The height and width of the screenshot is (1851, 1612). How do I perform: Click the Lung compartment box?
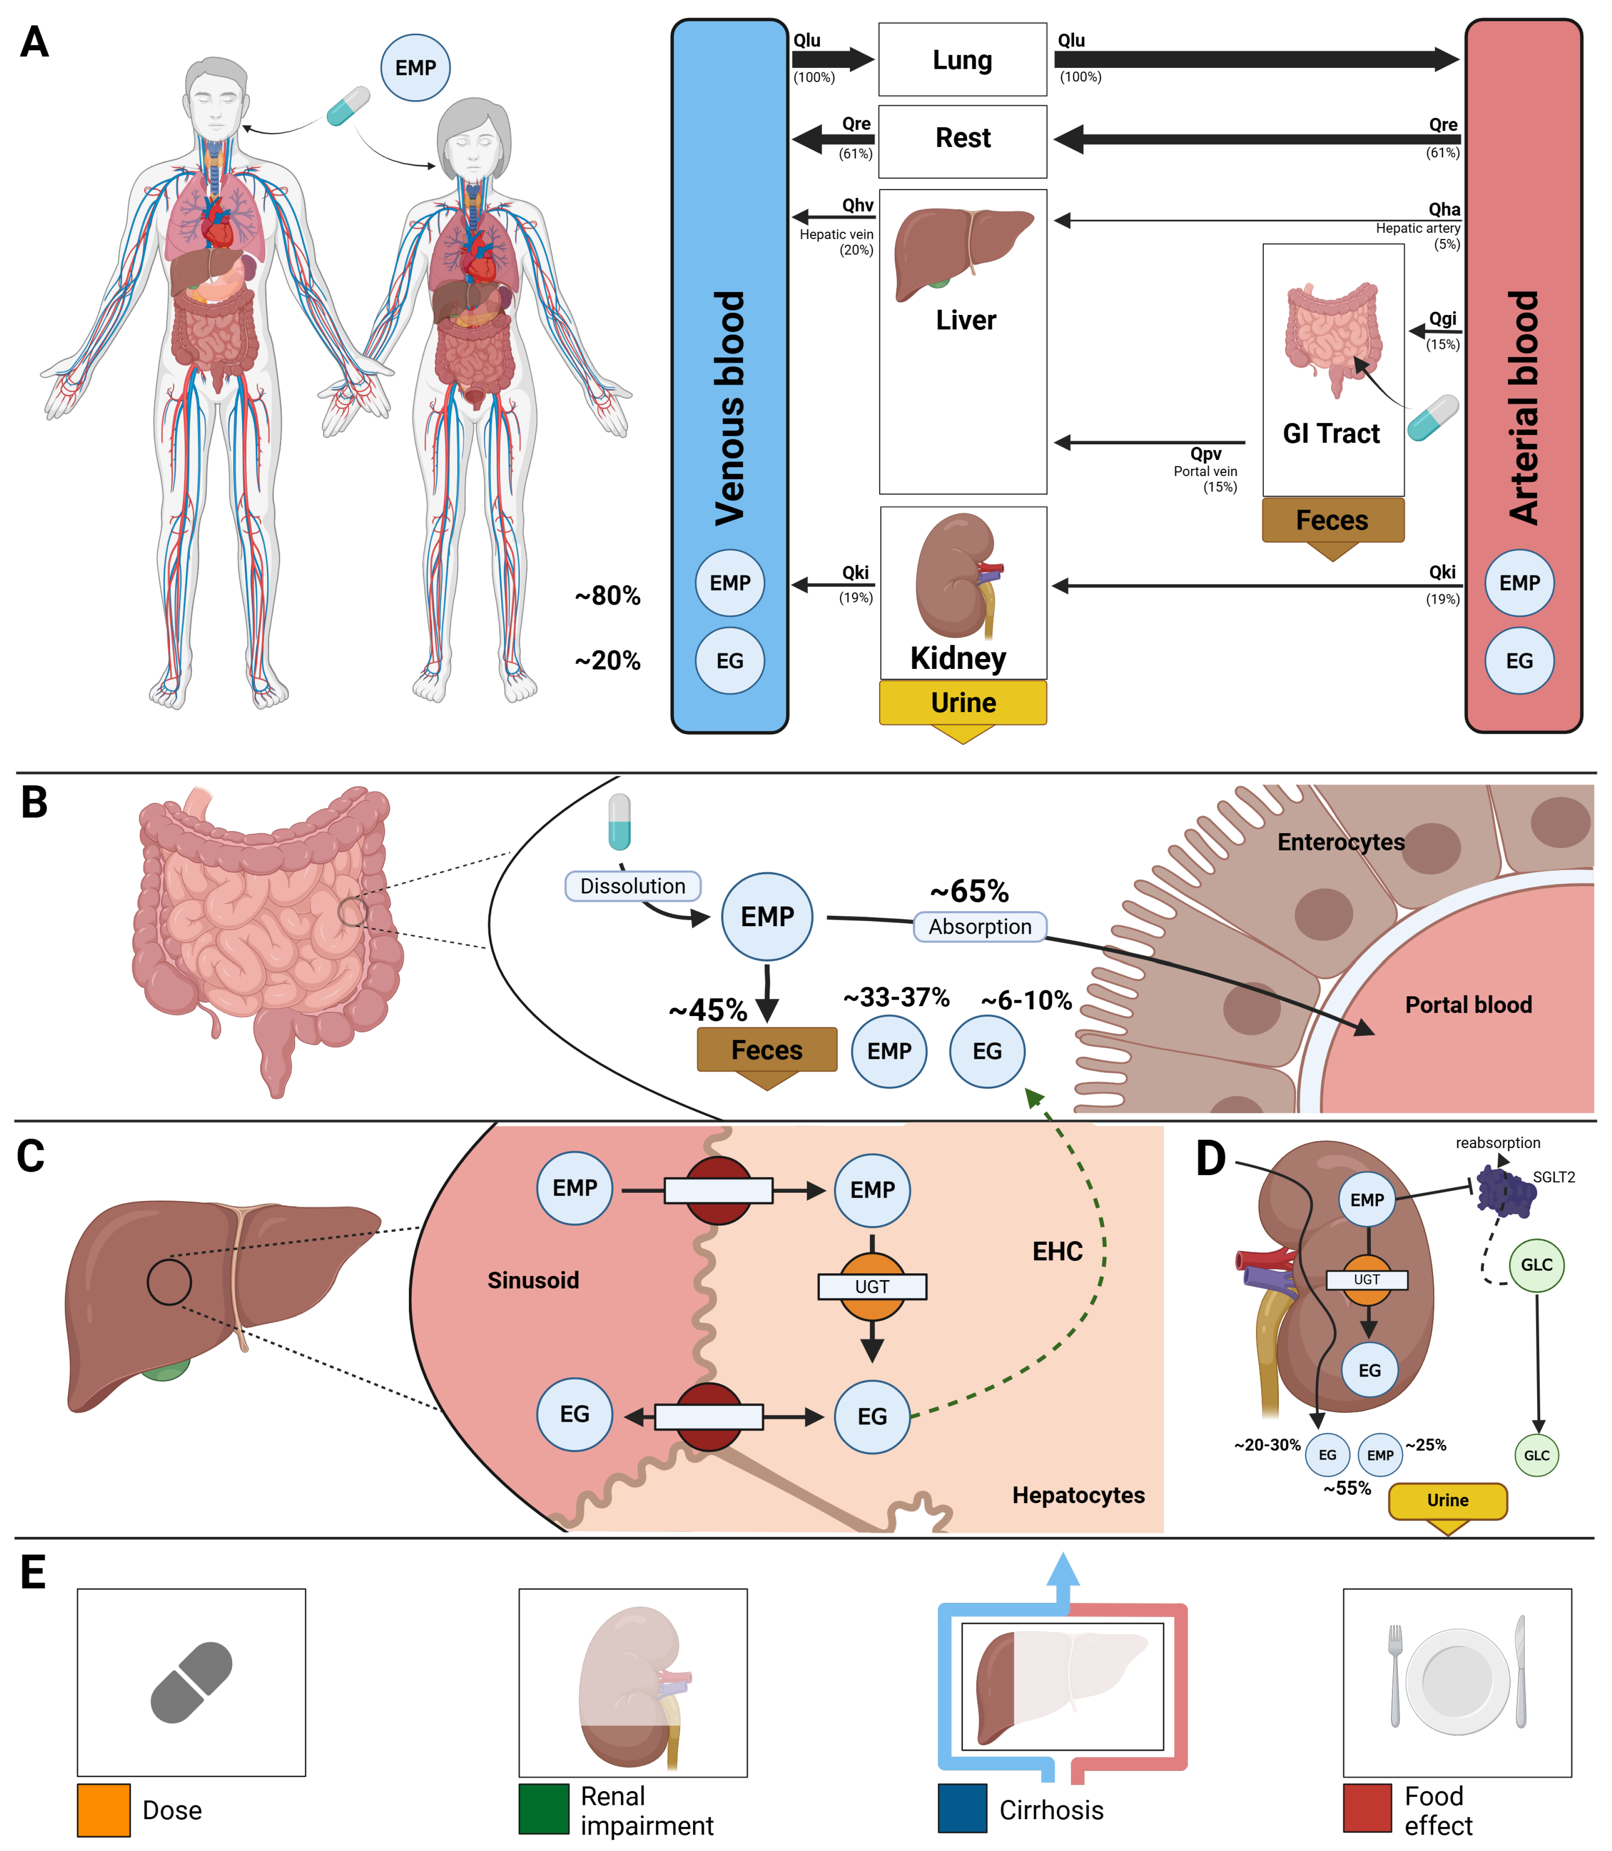point(963,59)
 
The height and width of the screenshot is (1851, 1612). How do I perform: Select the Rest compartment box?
point(963,141)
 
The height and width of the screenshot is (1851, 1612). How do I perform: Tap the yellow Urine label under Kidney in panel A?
point(963,702)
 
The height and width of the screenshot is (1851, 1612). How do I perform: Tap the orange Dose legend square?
point(104,1810)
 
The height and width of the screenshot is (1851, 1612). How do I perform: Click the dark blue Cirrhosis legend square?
point(963,1808)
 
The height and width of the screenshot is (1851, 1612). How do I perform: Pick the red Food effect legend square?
point(1367,1808)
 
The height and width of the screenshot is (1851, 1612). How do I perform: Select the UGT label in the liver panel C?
point(872,1287)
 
